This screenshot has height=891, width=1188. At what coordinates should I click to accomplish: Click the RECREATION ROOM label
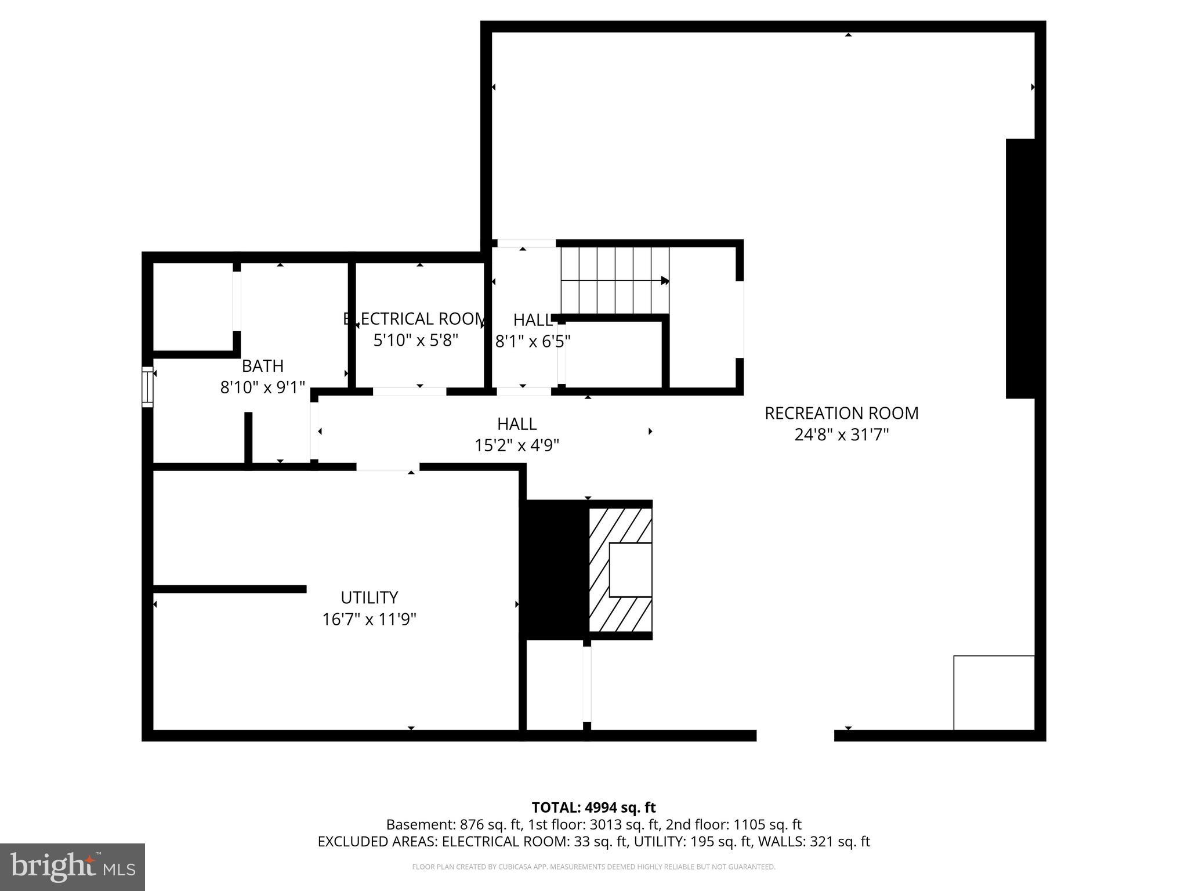click(x=841, y=413)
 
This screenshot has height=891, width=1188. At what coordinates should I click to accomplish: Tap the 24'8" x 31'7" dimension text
click(x=841, y=434)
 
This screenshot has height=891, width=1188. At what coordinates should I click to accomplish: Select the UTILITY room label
click(x=369, y=597)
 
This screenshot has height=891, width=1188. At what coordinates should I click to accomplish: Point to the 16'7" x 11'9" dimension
click(x=369, y=620)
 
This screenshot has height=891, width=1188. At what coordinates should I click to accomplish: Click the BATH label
click(x=262, y=366)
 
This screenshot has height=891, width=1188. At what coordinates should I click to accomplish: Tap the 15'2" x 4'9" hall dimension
click(x=516, y=445)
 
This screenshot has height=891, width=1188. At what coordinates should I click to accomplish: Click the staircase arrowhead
click(x=665, y=281)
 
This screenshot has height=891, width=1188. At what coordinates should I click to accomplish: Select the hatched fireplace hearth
click(x=620, y=570)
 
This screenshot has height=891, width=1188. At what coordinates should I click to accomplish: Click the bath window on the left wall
click(x=147, y=387)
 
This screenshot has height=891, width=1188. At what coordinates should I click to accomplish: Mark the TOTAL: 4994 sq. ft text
click(x=593, y=807)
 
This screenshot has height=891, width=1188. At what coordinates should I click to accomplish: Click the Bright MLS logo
click(x=73, y=867)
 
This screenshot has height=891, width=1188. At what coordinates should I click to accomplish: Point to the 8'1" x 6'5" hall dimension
click(x=533, y=341)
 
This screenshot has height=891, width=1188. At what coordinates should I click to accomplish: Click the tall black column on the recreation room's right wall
click(x=1020, y=269)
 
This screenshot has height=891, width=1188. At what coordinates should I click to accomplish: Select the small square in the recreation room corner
click(x=994, y=693)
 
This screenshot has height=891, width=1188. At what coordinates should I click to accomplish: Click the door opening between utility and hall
click(x=387, y=467)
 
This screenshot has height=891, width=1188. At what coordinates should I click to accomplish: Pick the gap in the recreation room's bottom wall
click(x=795, y=736)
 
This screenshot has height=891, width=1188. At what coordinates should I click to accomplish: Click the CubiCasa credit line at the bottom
click(x=593, y=867)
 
